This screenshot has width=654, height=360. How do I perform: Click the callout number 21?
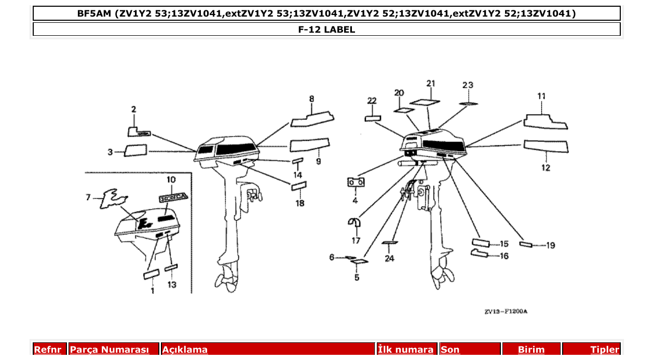pos(431,84)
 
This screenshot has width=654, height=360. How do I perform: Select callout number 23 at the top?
pos(468,85)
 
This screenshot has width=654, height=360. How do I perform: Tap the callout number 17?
pos(356,240)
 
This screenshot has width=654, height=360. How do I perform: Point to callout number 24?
pos(389,258)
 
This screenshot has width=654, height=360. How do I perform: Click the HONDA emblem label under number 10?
pos(174,198)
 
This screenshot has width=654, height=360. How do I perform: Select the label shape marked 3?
pos(136,151)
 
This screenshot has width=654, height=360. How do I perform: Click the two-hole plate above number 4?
pos(356,183)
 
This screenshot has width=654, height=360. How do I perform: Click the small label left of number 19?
pos(525,244)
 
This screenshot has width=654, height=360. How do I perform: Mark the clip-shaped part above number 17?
pos(355,222)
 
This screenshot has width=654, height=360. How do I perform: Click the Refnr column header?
pos(48,350)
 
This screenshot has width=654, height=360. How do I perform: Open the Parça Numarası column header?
pos(110,350)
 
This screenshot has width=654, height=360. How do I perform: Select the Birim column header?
pos(532,350)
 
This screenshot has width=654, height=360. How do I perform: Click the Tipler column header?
pos(605,350)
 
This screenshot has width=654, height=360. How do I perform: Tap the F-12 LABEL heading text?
pos(326,30)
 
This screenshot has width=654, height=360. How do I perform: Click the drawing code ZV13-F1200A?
pos(506,312)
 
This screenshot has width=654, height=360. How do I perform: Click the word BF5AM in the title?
pos(94,13)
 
